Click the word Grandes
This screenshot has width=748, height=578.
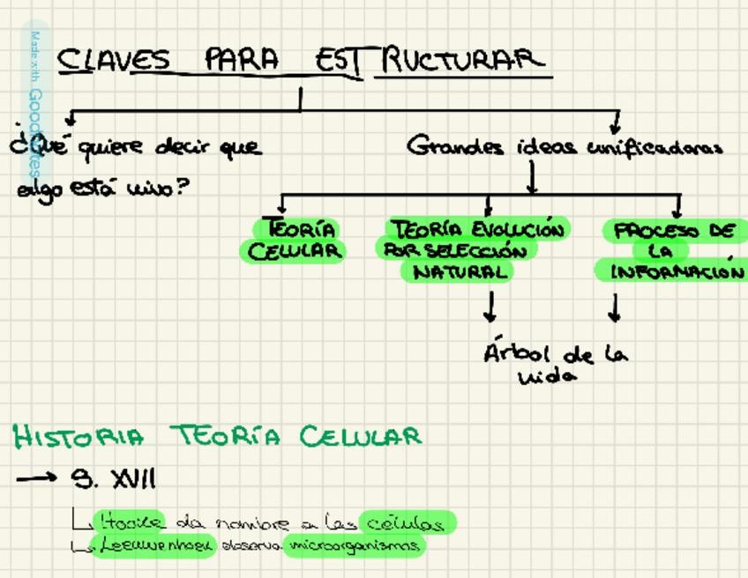[x=455, y=146]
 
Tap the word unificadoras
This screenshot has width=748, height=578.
[x=655, y=147]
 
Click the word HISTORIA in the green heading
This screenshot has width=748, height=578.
[x=78, y=436]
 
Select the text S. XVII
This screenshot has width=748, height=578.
[x=114, y=479]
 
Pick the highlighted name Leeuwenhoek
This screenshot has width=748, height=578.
[x=153, y=545]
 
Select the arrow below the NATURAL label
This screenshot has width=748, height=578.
[x=490, y=307]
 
